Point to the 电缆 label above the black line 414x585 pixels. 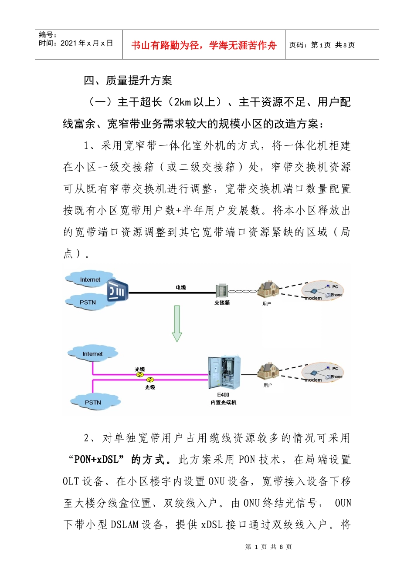point(181,288)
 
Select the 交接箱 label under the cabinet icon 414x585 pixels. point(222,303)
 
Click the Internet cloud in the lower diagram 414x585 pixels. point(92,354)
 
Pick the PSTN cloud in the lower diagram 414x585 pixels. point(93,402)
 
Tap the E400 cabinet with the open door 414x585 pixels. point(224,373)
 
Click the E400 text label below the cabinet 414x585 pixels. point(223,395)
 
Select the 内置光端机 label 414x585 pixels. point(223,403)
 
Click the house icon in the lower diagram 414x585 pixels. point(268,370)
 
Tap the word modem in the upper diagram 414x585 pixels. point(313,299)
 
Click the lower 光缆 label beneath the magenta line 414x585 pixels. point(150,387)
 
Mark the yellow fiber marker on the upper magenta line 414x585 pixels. point(140,374)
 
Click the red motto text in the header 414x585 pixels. point(204,45)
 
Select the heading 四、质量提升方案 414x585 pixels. point(128,81)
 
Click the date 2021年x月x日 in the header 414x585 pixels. point(87,43)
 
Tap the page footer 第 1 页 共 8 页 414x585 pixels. point(268,547)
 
